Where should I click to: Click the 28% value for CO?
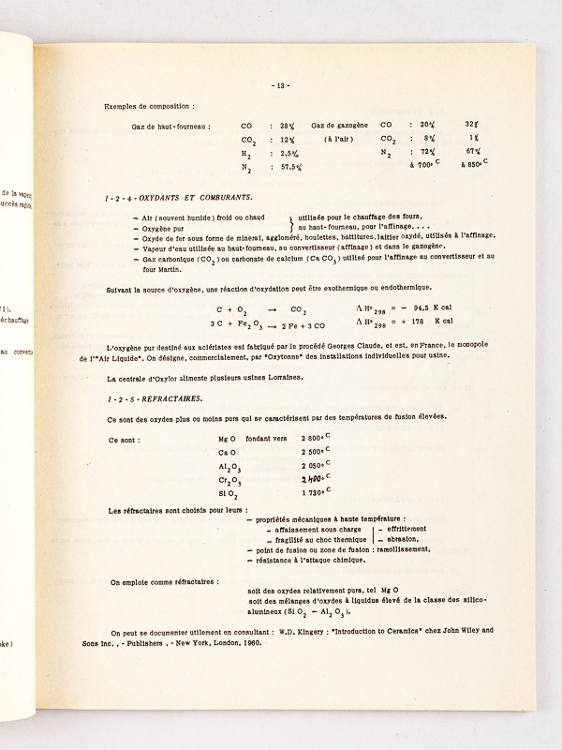pyautogui.click(x=279, y=125)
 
